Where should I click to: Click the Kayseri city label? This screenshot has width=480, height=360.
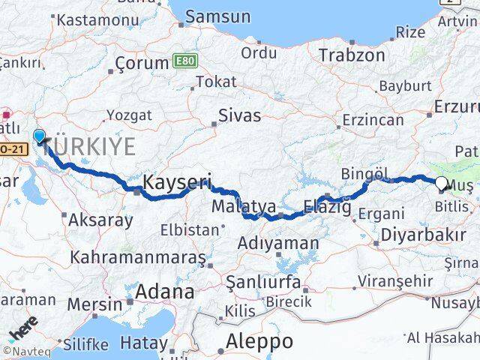coord(177,181)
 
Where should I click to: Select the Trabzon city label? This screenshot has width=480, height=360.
coord(352,55)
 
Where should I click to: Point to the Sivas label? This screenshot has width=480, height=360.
coord(239,115)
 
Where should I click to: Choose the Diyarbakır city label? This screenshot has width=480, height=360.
coord(423,235)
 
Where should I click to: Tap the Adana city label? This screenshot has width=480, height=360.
coord(165,291)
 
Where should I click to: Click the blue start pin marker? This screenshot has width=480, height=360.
coord(39,135)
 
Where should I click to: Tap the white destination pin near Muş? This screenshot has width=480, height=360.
coord(441,182)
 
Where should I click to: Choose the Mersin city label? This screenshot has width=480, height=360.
coord(94,304)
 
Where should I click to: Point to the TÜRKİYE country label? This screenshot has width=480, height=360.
coord(90,146)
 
